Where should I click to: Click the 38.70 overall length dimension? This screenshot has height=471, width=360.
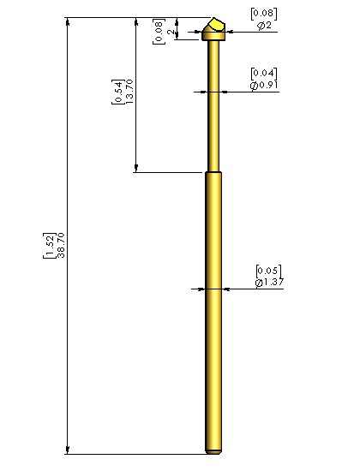point(61,245)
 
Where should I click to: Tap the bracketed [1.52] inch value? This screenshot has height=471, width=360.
point(50,246)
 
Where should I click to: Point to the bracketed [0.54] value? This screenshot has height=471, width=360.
point(118,92)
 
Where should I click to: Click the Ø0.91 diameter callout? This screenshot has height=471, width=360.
point(264,86)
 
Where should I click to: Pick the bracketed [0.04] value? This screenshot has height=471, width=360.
point(264,74)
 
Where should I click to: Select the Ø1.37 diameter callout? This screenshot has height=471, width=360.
point(269,283)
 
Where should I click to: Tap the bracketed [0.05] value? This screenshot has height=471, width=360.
point(269,271)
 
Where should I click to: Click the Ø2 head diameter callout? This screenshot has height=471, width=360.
point(264,26)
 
